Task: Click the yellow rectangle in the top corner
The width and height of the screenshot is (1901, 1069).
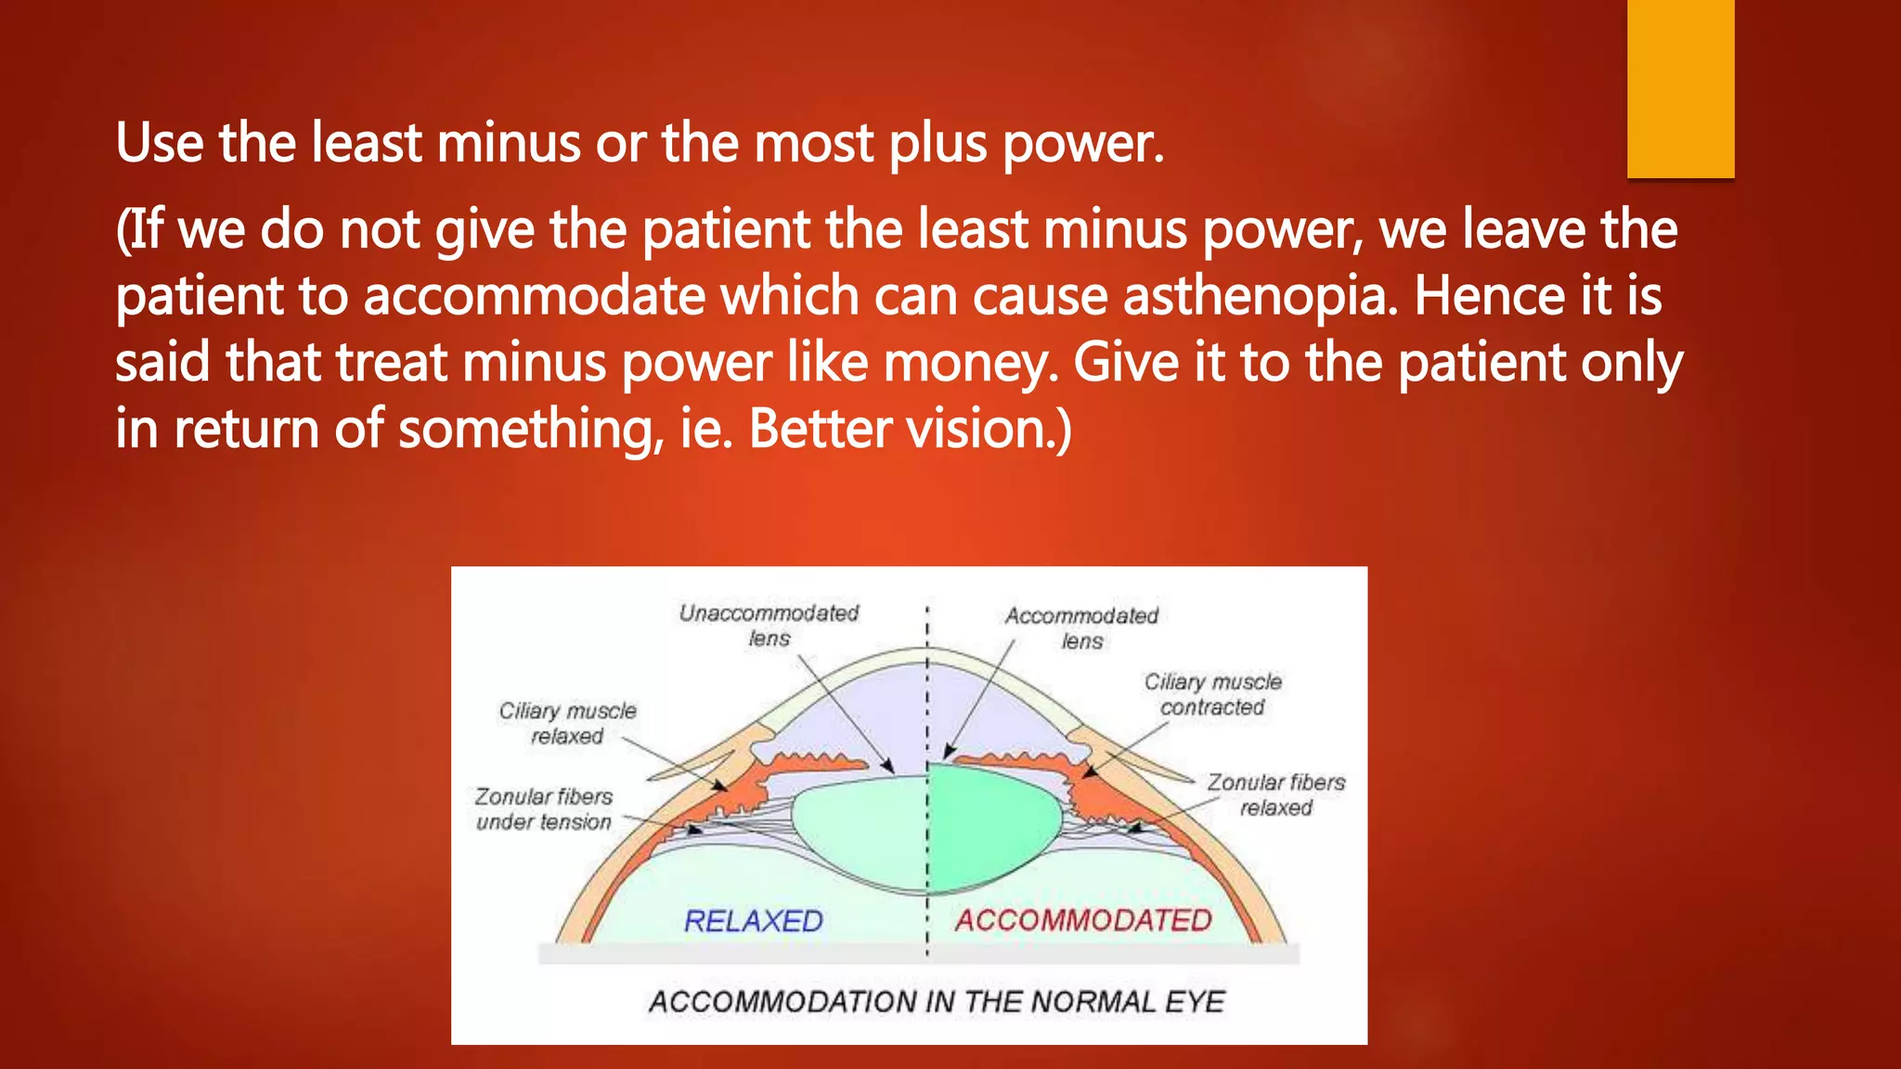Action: coord(1680,88)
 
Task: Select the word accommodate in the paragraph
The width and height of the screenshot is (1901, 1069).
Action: coord(534,296)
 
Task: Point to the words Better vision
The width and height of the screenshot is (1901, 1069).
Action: coord(910,430)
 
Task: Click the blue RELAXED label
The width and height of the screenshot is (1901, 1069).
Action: coord(753,921)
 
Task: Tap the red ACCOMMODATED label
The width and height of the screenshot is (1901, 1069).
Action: coord(1083,921)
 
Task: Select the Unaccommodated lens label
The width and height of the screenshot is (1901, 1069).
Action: coord(769,625)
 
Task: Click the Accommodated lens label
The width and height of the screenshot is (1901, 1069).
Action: coord(1082,628)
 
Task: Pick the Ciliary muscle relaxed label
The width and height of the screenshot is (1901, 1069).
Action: coord(567,723)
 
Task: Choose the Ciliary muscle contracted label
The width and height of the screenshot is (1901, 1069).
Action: coord(1212,694)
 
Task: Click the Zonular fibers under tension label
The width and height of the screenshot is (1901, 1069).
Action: coord(544,809)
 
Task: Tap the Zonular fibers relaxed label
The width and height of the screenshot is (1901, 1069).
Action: coord(1275,795)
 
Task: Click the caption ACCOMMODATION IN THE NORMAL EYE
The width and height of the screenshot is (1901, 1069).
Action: coord(937,1002)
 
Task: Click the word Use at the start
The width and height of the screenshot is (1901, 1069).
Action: coord(159,145)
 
